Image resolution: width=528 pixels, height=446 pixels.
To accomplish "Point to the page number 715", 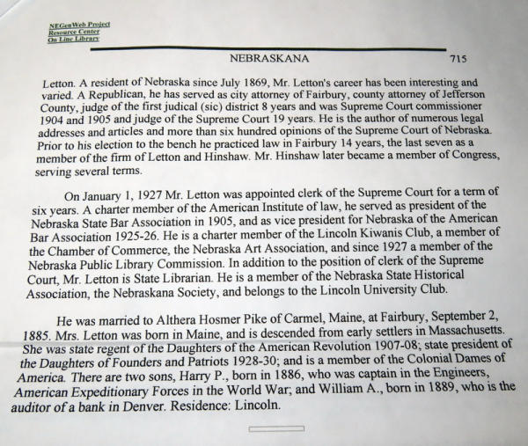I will point(458,59).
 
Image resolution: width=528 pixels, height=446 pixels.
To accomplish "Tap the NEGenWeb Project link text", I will point(75,26).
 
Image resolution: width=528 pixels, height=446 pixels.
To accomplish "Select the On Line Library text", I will point(74,40).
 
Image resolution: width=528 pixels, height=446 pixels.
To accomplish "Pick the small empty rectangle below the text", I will point(275,428).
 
